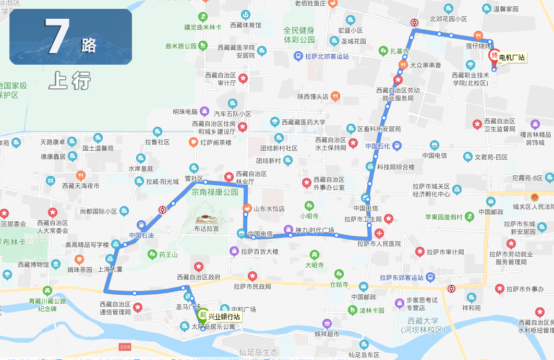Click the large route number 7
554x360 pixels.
click(x=57, y=38)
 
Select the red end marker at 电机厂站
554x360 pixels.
click(x=493, y=57)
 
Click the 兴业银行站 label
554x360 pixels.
click(x=224, y=317)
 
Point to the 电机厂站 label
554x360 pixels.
click(x=512, y=57)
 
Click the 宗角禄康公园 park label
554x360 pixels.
click(x=214, y=192)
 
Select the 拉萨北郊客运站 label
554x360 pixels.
click(x=327, y=56)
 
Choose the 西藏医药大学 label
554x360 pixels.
click(x=304, y=122)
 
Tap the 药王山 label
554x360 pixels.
click(x=168, y=255)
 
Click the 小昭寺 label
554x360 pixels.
click(x=309, y=215)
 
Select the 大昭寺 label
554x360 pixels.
click(x=315, y=265)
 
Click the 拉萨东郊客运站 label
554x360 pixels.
click(x=402, y=278)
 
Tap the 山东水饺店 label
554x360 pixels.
click(x=269, y=208)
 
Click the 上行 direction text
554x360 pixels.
click(x=70, y=81)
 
